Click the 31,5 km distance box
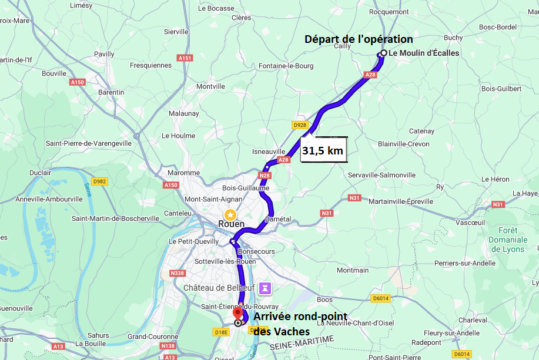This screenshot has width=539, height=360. [x=323, y=150]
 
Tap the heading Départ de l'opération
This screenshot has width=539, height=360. [x=359, y=39]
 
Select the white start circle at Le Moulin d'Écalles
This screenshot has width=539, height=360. [x=383, y=53]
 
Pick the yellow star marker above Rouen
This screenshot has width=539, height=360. [x=230, y=214]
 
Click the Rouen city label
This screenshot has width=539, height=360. [x=231, y=224]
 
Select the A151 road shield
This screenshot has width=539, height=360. [x=185, y=58]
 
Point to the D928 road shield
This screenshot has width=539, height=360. [x=300, y=125]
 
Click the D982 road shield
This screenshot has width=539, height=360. [x=99, y=181]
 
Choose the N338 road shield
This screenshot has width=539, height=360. [x=178, y=273]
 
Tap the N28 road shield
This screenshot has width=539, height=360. [x=265, y=175]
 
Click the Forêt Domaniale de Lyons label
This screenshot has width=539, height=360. [x=508, y=240]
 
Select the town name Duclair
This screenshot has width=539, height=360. [x=41, y=173]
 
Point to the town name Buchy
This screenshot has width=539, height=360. [x=453, y=38]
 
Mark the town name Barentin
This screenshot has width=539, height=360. [x=111, y=92]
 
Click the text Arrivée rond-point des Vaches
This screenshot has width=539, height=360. [x=299, y=324]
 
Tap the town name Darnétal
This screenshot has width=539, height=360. [x=278, y=218]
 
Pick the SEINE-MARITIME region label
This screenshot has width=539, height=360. [x=302, y=344]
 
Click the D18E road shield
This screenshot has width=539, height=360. [x=220, y=332]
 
